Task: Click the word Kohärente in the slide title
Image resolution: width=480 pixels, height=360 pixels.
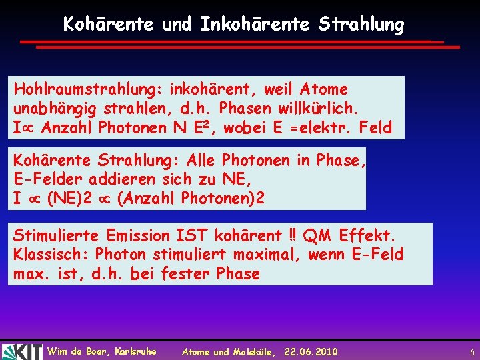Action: click(x=109, y=25)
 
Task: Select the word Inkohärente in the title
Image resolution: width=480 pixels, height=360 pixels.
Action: click(x=254, y=25)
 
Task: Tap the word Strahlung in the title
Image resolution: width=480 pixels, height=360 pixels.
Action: click(x=361, y=25)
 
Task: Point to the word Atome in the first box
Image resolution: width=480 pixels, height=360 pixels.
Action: click(x=324, y=89)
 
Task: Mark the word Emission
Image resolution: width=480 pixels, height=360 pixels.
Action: click(x=140, y=235)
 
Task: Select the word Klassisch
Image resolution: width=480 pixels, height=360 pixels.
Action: click(x=50, y=254)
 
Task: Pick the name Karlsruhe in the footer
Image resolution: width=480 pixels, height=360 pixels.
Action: click(x=136, y=351)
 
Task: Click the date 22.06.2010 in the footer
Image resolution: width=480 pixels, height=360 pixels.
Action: click(x=311, y=351)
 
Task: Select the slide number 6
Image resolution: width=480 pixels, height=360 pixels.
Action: click(x=472, y=351)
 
